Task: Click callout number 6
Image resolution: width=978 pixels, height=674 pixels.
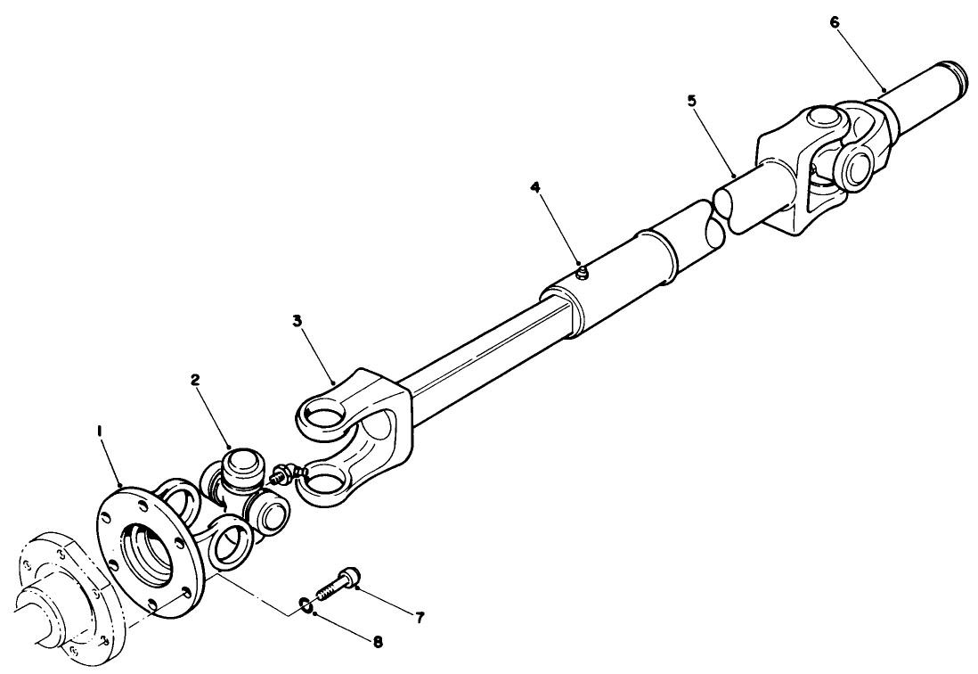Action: click(835, 21)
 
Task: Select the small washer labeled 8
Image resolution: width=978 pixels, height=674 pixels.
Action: click(305, 605)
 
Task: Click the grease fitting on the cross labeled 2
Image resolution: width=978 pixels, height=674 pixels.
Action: click(286, 472)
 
